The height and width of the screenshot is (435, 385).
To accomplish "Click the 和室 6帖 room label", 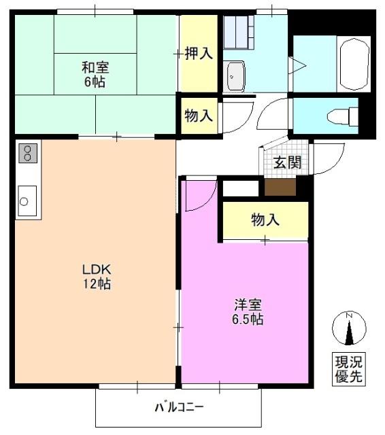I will click(x=95, y=74).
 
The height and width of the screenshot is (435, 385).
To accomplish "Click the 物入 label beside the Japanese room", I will click(x=199, y=116).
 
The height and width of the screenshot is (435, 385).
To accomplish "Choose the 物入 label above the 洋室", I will click(x=265, y=220).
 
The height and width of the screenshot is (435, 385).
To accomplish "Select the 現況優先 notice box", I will click(x=348, y=369).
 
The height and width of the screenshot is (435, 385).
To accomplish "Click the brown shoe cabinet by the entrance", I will click(x=280, y=187).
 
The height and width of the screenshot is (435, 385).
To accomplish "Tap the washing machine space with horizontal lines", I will click(x=239, y=31).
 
